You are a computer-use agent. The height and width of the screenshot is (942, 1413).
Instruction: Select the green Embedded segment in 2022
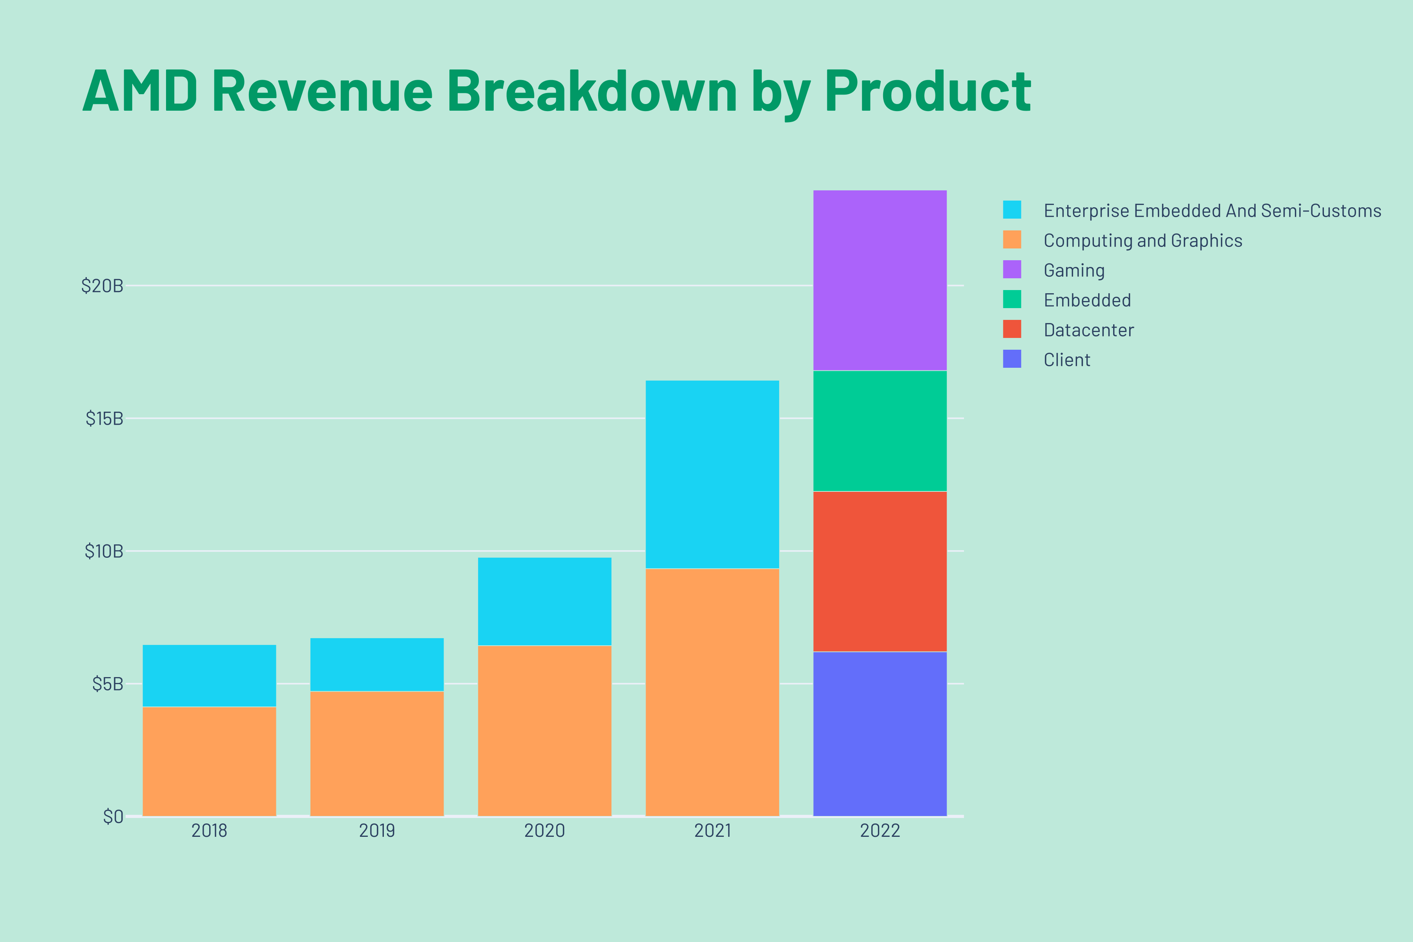coord(880,431)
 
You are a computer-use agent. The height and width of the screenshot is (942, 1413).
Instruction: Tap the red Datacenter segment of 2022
coord(880,571)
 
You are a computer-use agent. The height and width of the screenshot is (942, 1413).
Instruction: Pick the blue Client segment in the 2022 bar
coord(880,734)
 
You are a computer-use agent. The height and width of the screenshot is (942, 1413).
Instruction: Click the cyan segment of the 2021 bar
coord(712,474)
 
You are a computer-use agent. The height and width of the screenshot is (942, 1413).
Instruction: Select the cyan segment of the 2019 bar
coord(377,665)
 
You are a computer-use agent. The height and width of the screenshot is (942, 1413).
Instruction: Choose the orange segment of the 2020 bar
coord(544,730)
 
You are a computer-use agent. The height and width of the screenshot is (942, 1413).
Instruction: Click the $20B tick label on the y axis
coord(102,286)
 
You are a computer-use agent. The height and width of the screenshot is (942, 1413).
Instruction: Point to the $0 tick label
coord(113,816)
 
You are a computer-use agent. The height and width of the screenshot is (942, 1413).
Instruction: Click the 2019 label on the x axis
coord(377,831)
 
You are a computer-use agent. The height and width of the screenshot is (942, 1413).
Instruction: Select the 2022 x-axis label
coord(880,831)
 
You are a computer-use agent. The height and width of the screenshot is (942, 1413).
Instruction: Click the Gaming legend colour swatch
coord(1012,270)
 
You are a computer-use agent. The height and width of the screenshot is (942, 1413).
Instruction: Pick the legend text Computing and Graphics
coord(1143,240)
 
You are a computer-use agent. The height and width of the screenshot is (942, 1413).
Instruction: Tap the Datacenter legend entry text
coord(1088,330)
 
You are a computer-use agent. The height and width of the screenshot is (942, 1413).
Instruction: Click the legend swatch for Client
coord(1012,359)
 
